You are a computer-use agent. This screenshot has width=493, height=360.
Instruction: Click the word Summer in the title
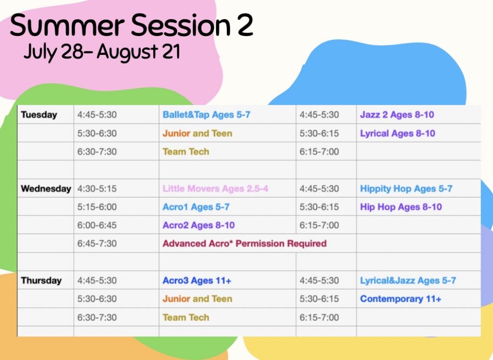point(67,25)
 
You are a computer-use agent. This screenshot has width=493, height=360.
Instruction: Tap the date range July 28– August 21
point(102,52)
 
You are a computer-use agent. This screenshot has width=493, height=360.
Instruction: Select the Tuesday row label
point(39,115)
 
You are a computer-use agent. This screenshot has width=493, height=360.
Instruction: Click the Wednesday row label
point(46,189)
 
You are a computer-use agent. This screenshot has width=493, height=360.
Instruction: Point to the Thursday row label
point(41,281)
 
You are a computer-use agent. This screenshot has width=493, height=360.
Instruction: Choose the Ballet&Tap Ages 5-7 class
point(207,115)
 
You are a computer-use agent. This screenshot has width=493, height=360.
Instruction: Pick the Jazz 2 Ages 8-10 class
point(397,115)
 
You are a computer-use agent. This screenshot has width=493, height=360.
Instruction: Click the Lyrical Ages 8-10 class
point(398,133)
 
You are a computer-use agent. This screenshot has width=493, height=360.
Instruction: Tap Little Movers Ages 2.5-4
point(215,189)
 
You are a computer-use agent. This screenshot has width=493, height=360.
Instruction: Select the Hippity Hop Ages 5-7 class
point(406,189)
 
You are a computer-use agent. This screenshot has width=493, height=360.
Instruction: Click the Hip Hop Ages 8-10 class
point(401,207)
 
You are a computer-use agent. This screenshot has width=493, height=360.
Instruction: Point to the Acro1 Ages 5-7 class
point(196,207)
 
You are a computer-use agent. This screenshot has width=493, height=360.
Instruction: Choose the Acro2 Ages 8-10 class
point(199,225)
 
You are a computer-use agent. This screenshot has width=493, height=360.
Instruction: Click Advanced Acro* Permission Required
point(245,244)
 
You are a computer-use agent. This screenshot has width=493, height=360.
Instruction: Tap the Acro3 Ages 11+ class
point(197,281)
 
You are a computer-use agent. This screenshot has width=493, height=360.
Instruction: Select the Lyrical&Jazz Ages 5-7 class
point(408,281)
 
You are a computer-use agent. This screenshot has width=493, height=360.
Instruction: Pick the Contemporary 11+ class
point(401,299)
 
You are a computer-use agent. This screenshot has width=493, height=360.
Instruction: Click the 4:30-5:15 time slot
point(97,189)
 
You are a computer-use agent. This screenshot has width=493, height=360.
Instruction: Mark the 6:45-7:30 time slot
point(97,244)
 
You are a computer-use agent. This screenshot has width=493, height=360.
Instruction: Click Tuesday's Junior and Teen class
point(197,133)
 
